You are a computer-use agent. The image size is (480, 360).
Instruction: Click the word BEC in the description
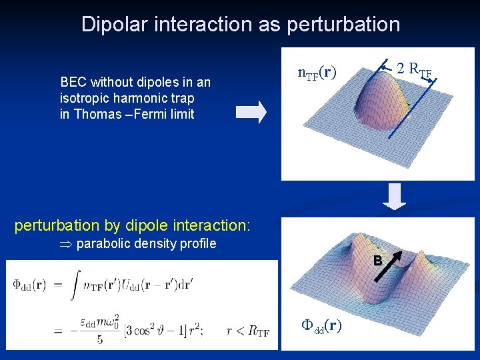click(x=73, y=83)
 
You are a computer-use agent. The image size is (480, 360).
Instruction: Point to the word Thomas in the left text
click(x=99, y=114)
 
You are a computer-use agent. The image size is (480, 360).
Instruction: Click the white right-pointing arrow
click(x=251, y=111)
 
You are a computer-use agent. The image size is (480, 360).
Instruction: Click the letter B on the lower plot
click(x=377, y=261)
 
